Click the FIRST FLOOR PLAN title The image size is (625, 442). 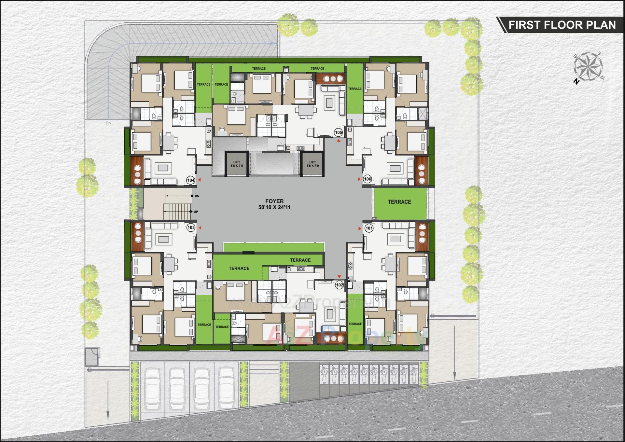click(562, 25)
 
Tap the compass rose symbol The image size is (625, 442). click(588, 67)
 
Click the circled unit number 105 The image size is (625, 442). click(338, 132)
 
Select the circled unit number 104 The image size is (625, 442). click(191, 180)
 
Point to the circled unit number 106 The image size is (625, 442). click(368, 179)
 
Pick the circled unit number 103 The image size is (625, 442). click(191, 228)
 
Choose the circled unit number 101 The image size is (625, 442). click(369, 228)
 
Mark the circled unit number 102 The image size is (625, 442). click(340, 285)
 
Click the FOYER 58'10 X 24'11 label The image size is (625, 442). click(274, 204)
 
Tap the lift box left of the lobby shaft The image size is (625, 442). click(237, 164)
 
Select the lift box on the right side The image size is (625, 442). click(312, 164)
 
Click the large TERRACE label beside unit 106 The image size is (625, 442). click(399, 202)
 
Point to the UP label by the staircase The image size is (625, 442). click(196, 212)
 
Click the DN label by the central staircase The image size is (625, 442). click(197, 196)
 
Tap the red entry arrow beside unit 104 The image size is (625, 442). click(199, 180)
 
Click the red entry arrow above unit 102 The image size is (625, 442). click(339, 277)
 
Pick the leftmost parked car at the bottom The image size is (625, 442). click(152, 389)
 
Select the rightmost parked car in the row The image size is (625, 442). click(227, 389)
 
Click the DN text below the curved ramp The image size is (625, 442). click(108, 123)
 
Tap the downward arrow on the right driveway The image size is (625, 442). click(454, 375)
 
